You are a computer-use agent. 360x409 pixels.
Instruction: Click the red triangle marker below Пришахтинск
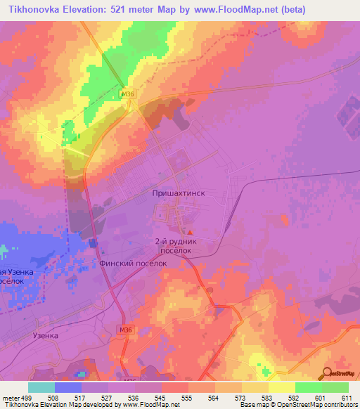point(188,233)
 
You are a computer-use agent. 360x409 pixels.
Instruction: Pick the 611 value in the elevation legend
point(346,397)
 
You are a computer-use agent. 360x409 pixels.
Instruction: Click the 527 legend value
point(104,397)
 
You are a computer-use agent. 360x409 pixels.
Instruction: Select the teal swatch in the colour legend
point(41,387)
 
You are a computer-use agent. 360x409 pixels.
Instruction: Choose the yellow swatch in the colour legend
point(281,387)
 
